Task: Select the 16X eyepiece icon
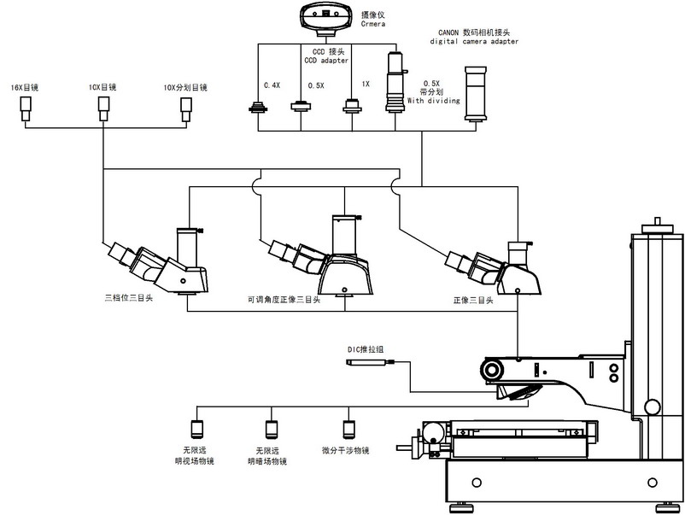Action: point(26,106)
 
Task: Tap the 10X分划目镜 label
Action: point(185,87)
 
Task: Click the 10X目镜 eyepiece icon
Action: point(103,105)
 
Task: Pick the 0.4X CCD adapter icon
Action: point(257,107)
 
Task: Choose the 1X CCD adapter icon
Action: point(353,106)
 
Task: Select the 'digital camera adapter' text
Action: point(472,41)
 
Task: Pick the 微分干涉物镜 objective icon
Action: point(348,429)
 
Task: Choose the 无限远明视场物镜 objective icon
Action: point(196,429)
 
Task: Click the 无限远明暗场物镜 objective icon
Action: point(272,429)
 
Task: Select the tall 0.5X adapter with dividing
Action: point(395,82)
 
